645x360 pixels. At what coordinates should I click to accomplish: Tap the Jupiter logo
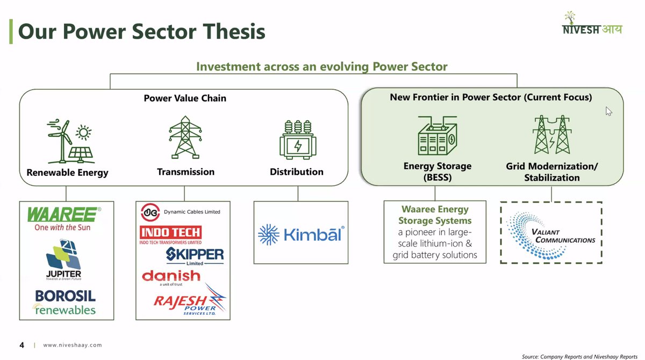(63, 261)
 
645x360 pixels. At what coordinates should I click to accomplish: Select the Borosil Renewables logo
(65, 303)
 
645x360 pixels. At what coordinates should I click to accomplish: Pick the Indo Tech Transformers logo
(170, 235)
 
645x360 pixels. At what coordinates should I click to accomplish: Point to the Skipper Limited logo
(195, 255)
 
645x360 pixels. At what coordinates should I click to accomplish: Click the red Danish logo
(171, 277)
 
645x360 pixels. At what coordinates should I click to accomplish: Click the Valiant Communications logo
(551, 233)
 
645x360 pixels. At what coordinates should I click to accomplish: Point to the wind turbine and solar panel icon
(70, 141)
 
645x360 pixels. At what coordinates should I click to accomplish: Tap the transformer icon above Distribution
(298, 139)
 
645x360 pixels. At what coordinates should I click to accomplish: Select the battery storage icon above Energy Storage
(437, 136)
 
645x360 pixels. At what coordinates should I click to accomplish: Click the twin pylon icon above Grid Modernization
(551, 135)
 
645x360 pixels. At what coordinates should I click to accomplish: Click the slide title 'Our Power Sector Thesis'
(142, 32)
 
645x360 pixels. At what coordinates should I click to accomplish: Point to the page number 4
(21, 345)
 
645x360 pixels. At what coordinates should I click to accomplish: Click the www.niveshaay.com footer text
(72, 345)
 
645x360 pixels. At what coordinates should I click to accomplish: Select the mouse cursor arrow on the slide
(608, 111)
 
